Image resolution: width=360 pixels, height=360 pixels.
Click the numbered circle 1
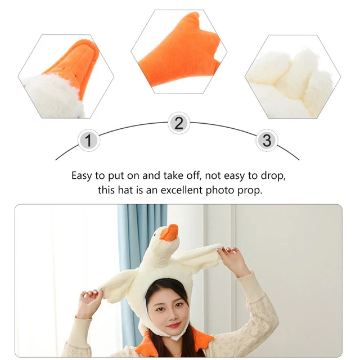tap(88, 139)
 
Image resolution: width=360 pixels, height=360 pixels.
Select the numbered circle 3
tap(267, 139)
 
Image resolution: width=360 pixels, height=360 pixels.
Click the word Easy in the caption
tap(83, 175)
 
